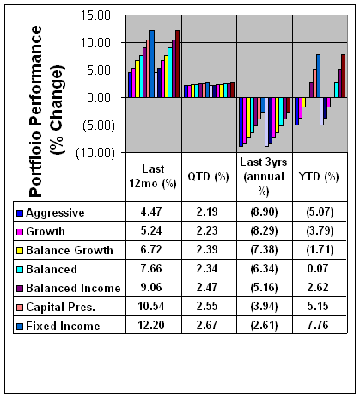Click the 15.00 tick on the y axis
(95, 15)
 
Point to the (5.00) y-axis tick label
(99, 125)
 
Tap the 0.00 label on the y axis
(99, 98)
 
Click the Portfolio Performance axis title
(46, 111)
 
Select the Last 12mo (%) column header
(153, 176)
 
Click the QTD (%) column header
(208, 176)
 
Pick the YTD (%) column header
(319, 176)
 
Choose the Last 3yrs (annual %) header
(264, 176)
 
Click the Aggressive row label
(55, 213)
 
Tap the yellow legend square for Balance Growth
(20, 251)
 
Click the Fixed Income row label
(63, 326)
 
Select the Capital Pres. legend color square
(20, 308)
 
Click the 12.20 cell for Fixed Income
(151, 325)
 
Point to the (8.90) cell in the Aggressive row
(264, 212)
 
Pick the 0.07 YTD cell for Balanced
(318, 268)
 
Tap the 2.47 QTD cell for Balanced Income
(207, 287)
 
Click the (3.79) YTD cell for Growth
(320, 231)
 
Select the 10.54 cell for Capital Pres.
(151, 306)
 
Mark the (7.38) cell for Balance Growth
(264, 250)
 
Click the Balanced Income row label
(73, 288)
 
